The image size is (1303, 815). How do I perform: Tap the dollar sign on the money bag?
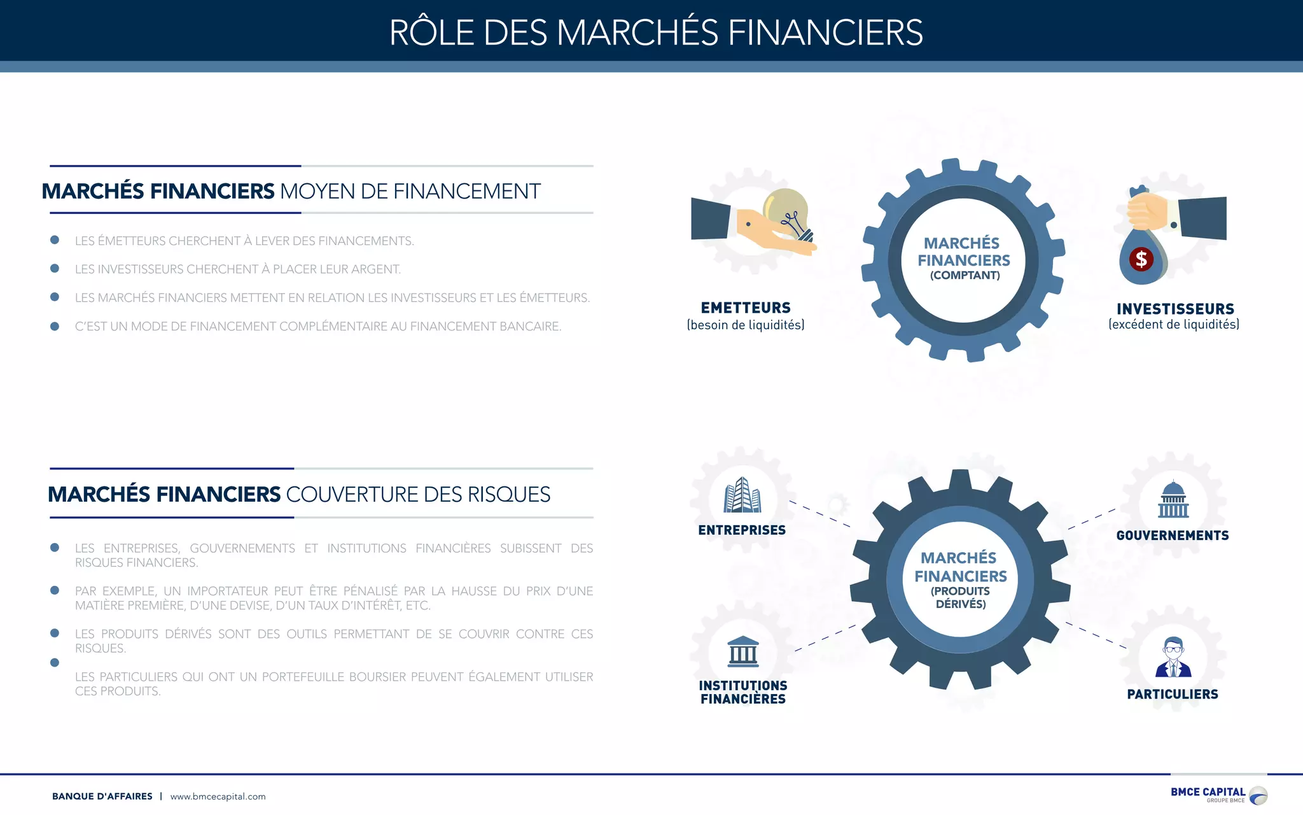pyautogui.click(x=1141, y=259)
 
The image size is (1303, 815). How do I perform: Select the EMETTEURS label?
pyautogui.click(x=746, y=308)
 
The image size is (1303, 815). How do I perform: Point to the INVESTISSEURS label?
pyautogui.click(x=1175, y=309)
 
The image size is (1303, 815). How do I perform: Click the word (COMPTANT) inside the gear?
pyautogui.click(x=965, y=276)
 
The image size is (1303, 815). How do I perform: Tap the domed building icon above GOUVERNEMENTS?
pyautogui.click(x=1173, y=500)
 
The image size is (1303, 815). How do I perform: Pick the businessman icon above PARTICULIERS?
pyautogui.click(x=1173, y=657)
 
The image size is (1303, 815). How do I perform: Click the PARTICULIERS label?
pyautogui.click(x=1173, y=695)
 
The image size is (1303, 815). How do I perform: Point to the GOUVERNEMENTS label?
pyautogui.click(x=1173, y=536)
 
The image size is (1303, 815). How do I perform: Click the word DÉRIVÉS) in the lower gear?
pyautogui.click(x=961, y=604)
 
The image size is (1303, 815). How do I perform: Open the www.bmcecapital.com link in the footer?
pyautogui.click(x=218, y=797)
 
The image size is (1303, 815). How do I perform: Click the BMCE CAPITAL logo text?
pyautogui.click(x=1208, y=792)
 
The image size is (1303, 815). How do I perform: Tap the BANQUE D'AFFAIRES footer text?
pyautogui.click(x=102, y=797)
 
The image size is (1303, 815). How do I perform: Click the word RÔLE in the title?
pyautogui.click(x=432, y=33)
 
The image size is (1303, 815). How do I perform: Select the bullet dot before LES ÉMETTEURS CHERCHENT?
pyautogui.click(x=55, y=240)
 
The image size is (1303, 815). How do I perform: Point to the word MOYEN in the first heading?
pyautogui.click(x=317, y=192)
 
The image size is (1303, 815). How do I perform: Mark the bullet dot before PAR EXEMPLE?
pyautogui.click(x=55, y=591)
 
